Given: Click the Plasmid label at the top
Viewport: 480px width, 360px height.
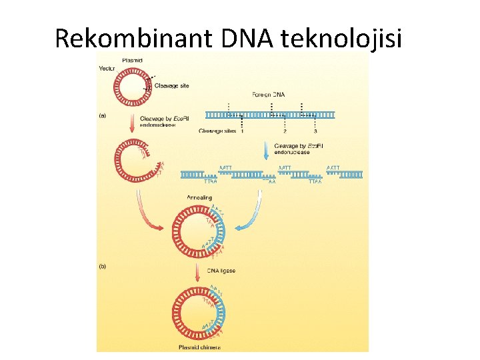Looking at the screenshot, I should (132, 61).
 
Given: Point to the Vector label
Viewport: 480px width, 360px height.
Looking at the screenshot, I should (107, 68).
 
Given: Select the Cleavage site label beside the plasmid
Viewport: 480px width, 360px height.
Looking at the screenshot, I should (172, 85).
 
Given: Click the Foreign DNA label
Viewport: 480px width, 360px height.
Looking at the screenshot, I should (269, 94).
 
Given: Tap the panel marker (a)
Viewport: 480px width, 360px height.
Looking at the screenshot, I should (103, 115).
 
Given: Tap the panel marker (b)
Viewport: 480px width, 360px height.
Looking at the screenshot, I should (103, 266).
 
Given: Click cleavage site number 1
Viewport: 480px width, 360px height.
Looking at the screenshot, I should (241, 131).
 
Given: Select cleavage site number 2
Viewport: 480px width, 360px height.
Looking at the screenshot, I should (285, 131).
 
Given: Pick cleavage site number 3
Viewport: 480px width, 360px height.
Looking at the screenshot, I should (315, 131).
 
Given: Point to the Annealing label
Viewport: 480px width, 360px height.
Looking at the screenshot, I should (199, 197).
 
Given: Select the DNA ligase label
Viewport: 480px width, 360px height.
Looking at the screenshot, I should (221, 271).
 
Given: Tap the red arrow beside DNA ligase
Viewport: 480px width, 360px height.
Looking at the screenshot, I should (197, 272).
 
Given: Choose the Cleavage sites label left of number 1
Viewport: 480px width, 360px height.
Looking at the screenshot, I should (217, 131).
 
